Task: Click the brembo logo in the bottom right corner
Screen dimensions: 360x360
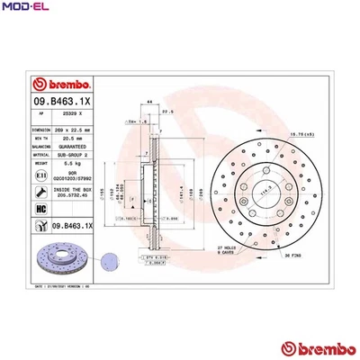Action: pos(313,347)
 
